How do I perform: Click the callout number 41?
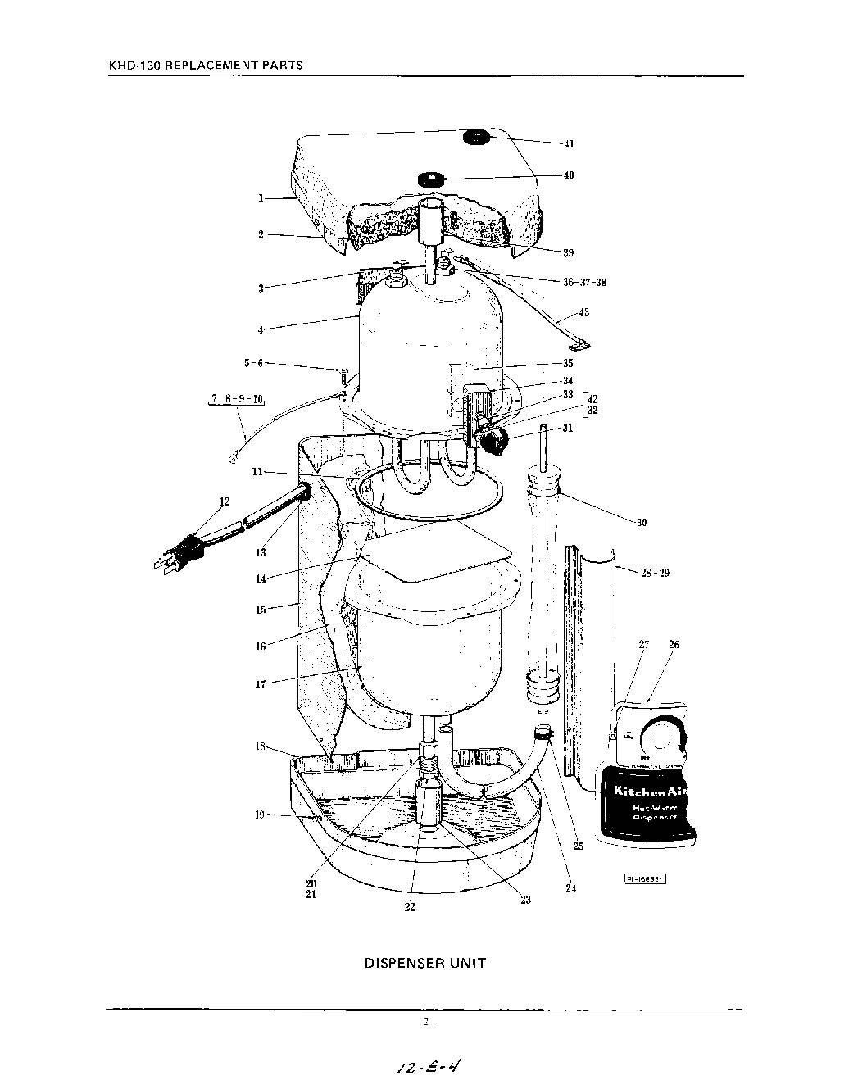[x=568, y=143]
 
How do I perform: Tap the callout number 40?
[x=568, y=175]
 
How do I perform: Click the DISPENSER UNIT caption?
[x=424, y=963]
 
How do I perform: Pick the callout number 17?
[x=260, y=683]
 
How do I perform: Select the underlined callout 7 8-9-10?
[x=236, y=399]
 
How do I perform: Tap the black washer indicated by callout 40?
[x=430, y=179]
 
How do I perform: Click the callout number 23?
[x=525, y=899]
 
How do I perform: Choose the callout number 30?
[x=641, y=522]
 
